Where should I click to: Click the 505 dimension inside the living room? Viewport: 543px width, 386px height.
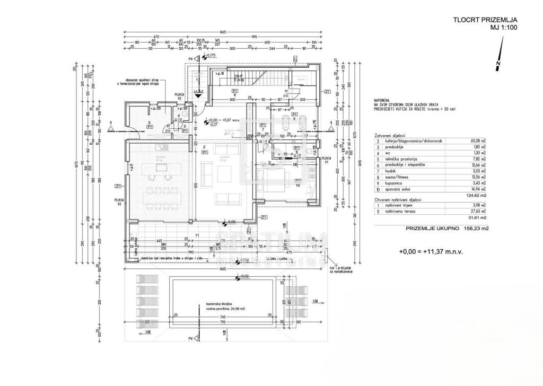click(x=196, y=186)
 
